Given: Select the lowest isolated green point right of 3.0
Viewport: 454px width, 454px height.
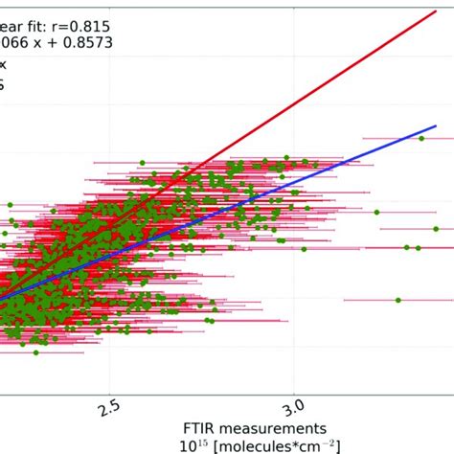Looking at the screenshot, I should (x=398, y=301).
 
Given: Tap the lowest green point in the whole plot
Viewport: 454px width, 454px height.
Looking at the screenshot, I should (x=35, y=353).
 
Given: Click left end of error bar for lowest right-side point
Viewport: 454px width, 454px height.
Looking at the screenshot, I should (x=344, y=301).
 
